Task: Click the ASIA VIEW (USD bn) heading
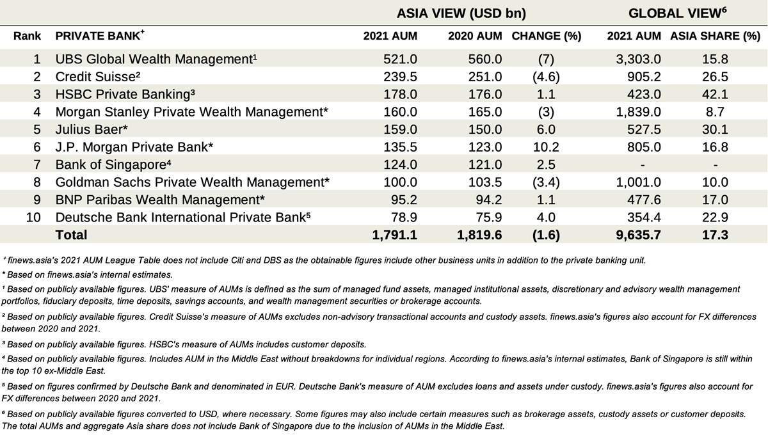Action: click(461, 13)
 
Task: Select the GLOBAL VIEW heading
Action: click(677, 13)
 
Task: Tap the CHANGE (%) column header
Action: click(547, 36)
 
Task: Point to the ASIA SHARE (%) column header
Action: click(716, 36)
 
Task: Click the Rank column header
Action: click(27, 36)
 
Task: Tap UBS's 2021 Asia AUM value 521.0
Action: click(400, 59)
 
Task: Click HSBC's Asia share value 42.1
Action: click(715, 94)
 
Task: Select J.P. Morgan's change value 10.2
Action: click(546, 147)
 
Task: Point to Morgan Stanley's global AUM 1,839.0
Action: click(639, 112)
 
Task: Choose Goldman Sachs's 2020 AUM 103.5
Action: click(485, 182)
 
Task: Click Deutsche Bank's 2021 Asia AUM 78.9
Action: click(404, 218)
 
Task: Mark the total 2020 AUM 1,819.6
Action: click(479, 235)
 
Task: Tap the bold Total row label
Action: click(71, 235)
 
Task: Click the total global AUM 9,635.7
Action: click(639, 235)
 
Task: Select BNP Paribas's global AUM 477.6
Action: click(644, 200)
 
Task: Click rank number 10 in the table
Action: click(33, 218)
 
